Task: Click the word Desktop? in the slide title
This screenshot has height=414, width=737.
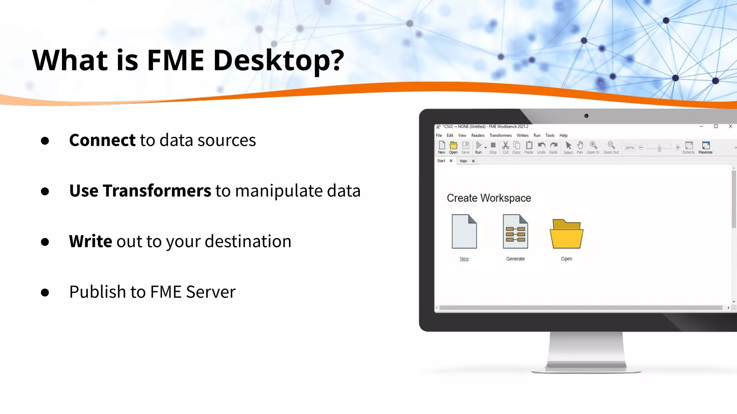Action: coord(279,60)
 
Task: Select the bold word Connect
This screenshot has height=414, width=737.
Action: coord(102,140)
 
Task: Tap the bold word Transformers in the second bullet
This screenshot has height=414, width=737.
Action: coord(157,191)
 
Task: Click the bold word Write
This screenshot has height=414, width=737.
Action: coord(90,241)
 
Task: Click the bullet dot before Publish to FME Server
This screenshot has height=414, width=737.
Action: coord(45,293)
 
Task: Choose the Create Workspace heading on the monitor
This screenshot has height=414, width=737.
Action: coord(489,198)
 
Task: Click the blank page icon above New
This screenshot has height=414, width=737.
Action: coord(464,231)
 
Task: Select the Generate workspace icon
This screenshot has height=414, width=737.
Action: coord(515,231)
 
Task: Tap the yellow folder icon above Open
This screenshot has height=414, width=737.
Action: coord(566,234)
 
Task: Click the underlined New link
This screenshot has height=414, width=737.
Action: coord(464,259)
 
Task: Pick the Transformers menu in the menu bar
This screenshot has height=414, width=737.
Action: coord(500,135)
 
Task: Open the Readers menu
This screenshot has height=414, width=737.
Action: coord(478,135)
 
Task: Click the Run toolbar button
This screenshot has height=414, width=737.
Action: coord(479,147)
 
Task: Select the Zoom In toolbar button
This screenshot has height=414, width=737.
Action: coord(593,147)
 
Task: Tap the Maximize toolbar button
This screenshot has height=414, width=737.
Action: coord(705,147)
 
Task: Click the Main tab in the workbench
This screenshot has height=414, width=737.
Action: coord(464,161)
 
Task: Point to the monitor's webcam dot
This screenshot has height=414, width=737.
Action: coord(586,116)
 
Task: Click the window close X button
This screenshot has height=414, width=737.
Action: coord(730,126)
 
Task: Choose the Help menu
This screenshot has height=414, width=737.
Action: coord(563,135)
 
